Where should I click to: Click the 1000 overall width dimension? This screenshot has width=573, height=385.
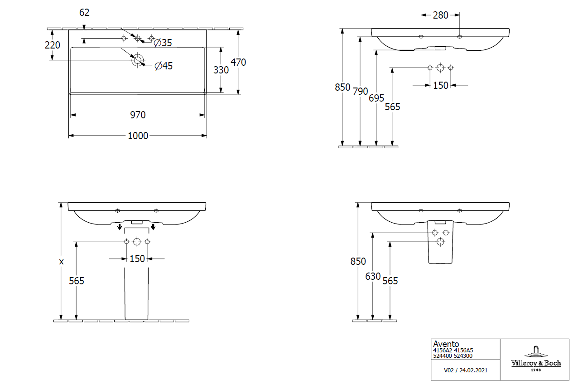click(138, 136)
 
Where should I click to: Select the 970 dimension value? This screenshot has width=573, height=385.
click(138, 115)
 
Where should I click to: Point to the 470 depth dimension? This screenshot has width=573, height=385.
click(238, 62)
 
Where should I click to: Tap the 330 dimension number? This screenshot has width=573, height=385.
click(221, 70)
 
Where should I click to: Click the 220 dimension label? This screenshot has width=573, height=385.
click(53, 44)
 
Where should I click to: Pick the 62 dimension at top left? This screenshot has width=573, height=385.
click(84, 13)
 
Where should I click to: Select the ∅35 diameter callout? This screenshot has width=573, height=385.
click(163, 43)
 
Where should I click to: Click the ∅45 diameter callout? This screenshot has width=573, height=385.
click(164, 66)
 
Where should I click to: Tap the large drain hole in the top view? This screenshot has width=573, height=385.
click(138, 59)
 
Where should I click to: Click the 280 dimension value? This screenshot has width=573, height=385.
click(440, 15)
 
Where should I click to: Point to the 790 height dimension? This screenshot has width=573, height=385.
click(361, 91)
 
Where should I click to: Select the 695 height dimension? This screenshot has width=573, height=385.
click(376, 98)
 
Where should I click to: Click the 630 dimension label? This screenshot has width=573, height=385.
click(373, 276)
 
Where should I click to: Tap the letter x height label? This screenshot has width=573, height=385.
click(62, 262)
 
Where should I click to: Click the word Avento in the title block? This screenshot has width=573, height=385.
click(446, 344)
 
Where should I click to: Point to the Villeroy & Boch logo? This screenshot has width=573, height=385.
click(536, 359)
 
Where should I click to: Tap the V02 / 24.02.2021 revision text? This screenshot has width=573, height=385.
click(466, 370)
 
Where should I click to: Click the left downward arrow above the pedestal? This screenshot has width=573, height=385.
click(120, 226)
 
